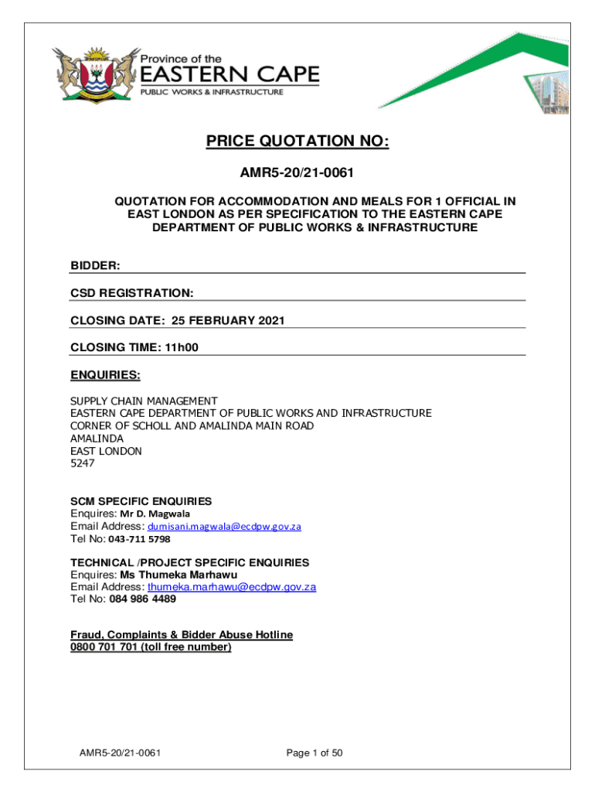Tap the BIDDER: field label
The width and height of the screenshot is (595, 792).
coord(95,266)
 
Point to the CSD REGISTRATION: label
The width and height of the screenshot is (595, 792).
coord(131,293)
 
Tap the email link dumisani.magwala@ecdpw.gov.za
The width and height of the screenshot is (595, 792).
coord(224,526)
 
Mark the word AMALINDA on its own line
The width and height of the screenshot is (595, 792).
coord(97,439)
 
